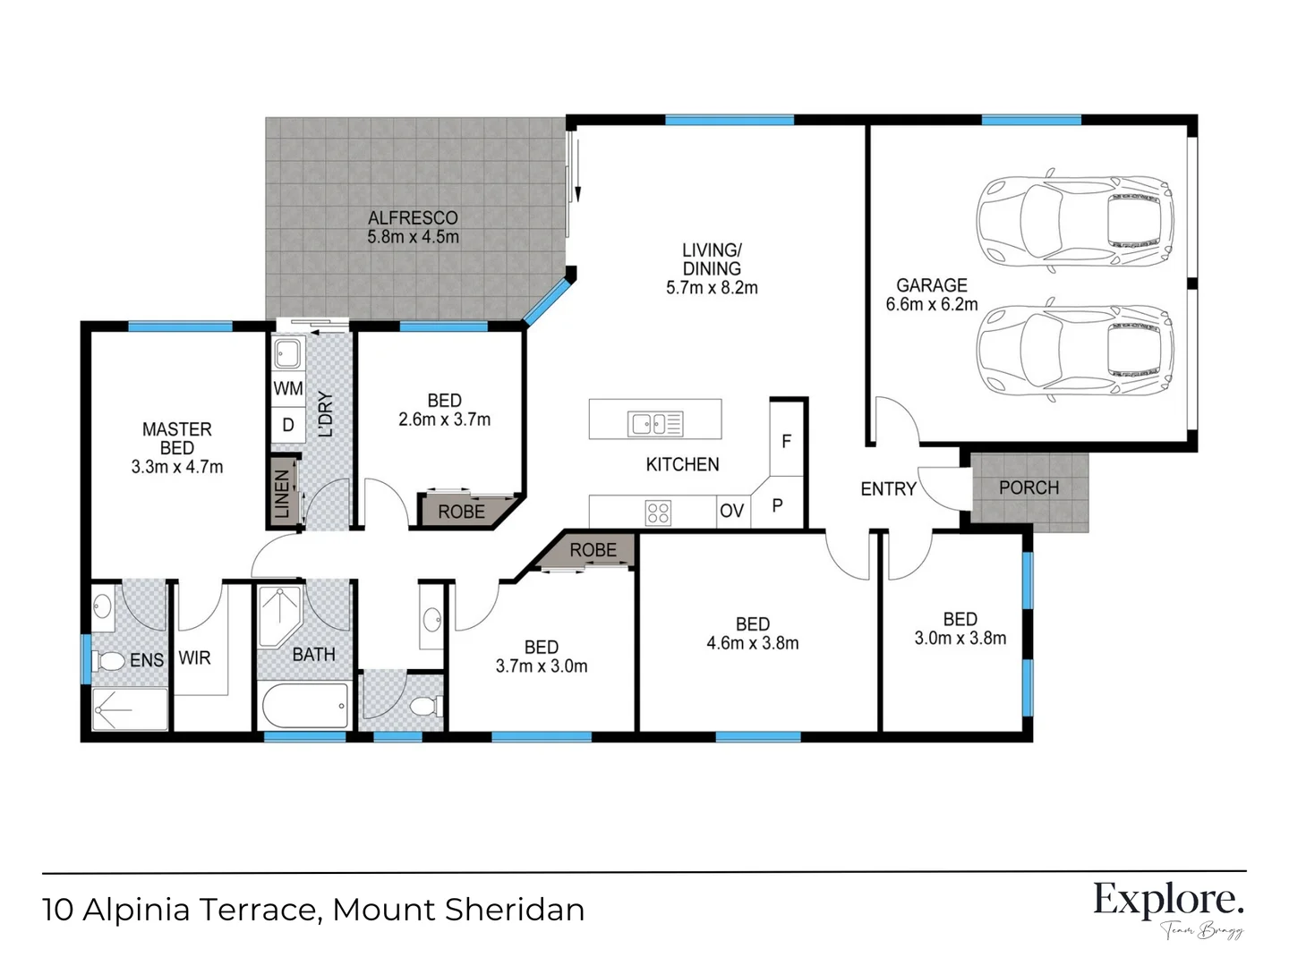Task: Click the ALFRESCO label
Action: coord(413,218)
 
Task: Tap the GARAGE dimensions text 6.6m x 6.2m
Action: coord(931,305)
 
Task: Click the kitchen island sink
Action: coord(656,423)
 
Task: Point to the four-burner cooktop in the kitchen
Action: coord(658,513)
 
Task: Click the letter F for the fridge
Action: coord(786,442)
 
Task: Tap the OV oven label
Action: coord(731,511)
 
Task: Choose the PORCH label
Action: coord(1029,488)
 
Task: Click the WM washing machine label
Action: coord(288,389)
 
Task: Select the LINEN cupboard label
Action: coord(282,494)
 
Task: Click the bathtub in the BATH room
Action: coord(304,708)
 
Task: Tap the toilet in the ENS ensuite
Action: coord(109,661)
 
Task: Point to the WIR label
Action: coord(194,658)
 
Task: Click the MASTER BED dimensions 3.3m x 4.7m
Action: coord(177,467)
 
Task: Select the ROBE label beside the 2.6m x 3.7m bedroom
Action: coord(461,513)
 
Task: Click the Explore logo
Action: coord(1168,900)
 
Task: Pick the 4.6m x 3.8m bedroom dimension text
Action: coord(752,644)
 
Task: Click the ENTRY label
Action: coord(888,489)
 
